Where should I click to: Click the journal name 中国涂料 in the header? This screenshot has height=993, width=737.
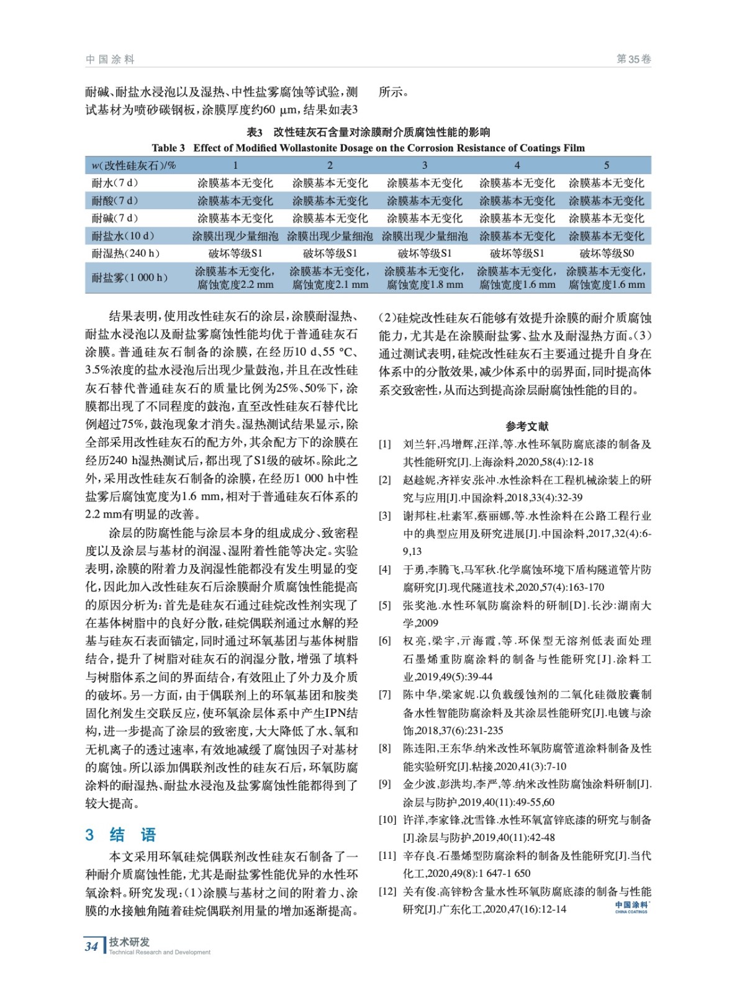(110, 60)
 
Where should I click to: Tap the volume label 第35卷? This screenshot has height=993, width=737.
(633, 60)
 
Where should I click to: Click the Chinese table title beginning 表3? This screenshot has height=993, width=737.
(368, 132)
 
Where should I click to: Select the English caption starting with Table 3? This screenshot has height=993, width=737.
(368, 148)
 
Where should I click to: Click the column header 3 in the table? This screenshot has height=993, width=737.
(425, 165)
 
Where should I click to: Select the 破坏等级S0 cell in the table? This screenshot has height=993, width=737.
(607, 253)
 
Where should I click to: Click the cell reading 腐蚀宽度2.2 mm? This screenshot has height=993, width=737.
(235, 285)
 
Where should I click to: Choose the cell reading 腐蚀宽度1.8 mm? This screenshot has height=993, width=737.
(425, 285)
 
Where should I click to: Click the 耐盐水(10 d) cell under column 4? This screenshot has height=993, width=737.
(517, 236)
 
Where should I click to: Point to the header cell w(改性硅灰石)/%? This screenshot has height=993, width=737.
(133, 165)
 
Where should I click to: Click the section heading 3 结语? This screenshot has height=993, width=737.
(120, 834)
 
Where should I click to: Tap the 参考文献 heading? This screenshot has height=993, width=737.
(527, 426)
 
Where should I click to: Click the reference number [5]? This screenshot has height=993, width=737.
(385, 605)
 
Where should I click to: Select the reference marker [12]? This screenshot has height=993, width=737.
(387, 891)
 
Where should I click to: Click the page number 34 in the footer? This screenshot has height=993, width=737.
(91, 946)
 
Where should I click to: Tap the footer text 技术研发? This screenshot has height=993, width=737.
(129, 941)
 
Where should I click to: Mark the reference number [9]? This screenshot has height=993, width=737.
(385, 784)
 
